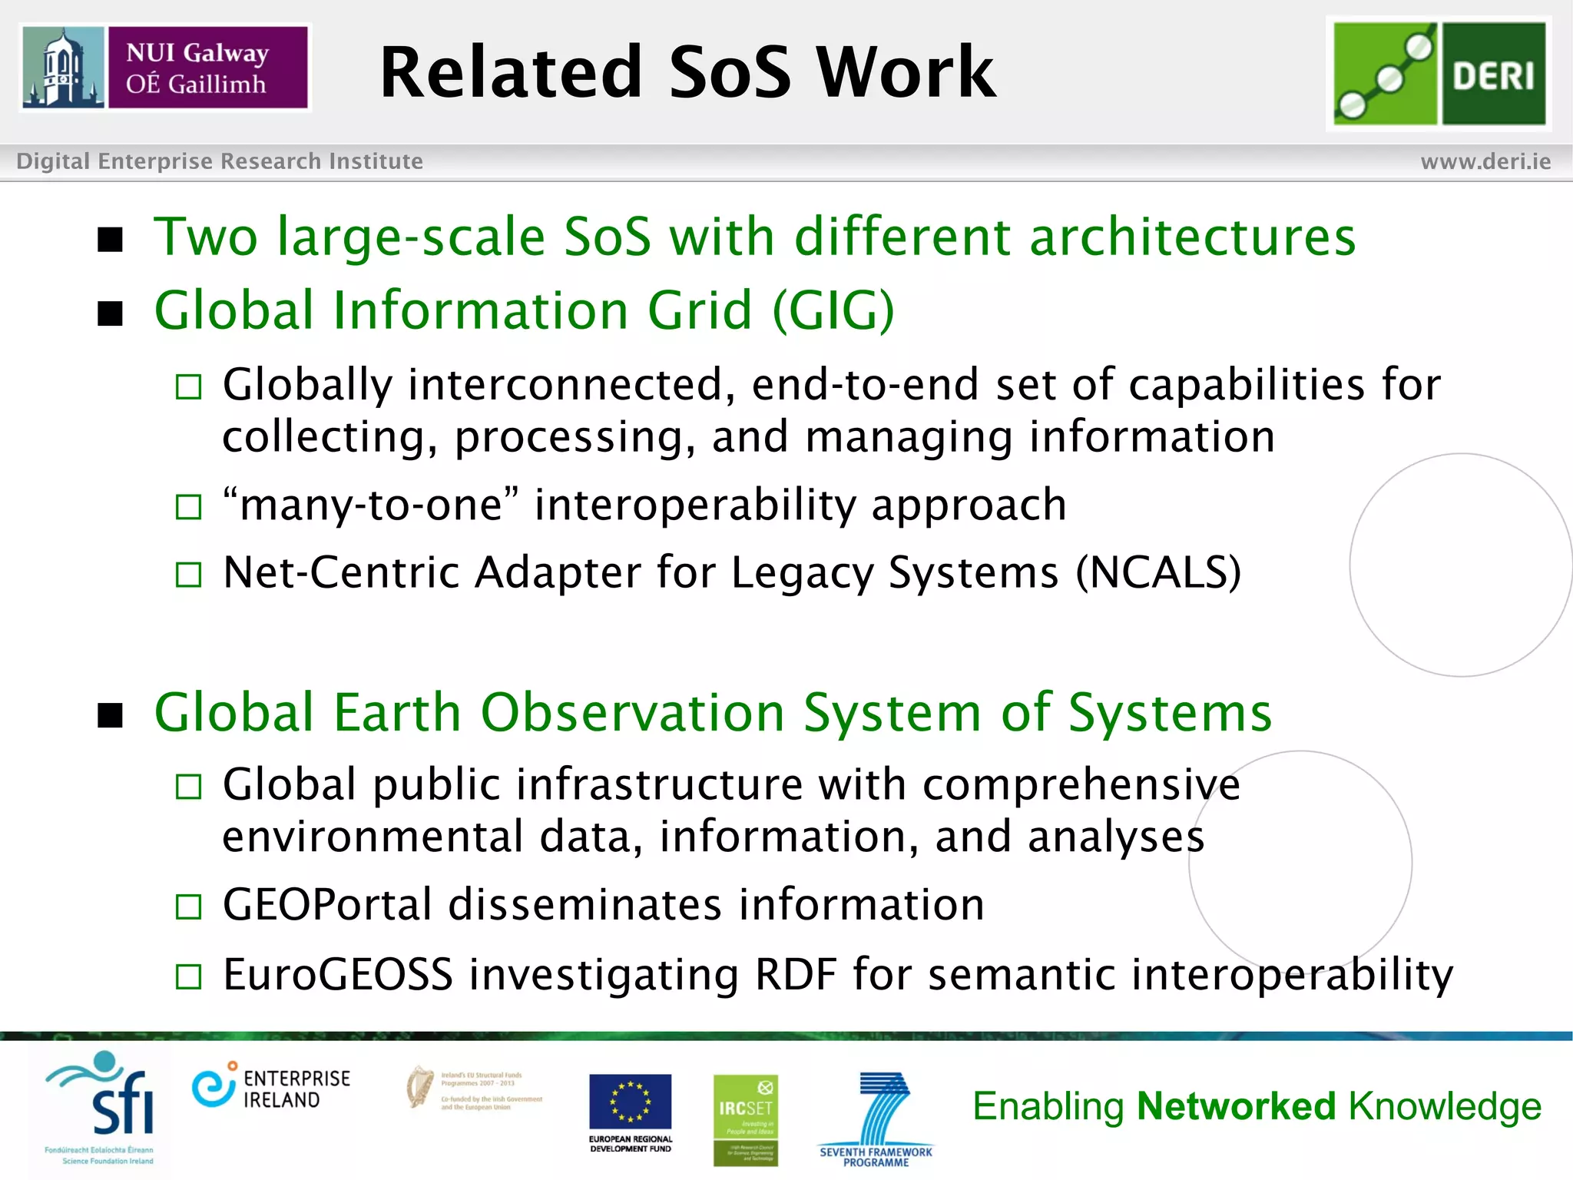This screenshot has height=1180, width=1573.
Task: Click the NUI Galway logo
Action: pos(165,68)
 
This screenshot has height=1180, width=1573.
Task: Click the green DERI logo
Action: pos(1439,73)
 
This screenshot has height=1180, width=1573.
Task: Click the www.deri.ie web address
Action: pos(1485,161)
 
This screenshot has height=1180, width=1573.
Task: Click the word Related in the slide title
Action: pos(511,73)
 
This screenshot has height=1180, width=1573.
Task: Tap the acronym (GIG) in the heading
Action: pos(833,310)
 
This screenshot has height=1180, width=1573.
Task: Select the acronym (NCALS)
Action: pos(1158,573)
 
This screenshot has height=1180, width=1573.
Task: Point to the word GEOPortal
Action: pos(327,904)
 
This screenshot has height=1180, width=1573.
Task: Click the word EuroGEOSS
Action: pos(338,974)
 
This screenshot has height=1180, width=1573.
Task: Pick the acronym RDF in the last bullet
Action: pos(796,974)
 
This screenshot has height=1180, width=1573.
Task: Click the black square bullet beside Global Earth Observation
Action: pos(111,715)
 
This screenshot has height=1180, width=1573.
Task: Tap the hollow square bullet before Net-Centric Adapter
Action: pos(188,575)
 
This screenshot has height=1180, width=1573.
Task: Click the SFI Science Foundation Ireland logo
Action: pos(104,1106)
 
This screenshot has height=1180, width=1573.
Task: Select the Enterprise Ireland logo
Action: pos(270,1089)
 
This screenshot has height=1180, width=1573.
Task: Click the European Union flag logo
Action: pos(630,1102)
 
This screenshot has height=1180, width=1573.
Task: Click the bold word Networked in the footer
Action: pos(1237,1106)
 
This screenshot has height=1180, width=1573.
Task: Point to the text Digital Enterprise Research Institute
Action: pos(220,161)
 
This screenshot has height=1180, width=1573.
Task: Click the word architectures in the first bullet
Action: pos(1192,237)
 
